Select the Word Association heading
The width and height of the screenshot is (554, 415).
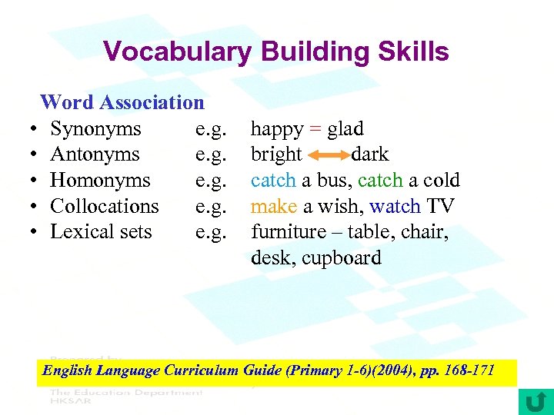[x=122, y=102]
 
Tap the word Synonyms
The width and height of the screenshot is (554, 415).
[x=95, y=128]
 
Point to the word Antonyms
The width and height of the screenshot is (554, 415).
[x=95, y=154]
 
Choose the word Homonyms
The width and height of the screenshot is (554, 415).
[x=100, y=181]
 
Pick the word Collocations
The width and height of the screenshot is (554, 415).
[x=104, y=206]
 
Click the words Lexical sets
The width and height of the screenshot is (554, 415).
[x=101, y=232]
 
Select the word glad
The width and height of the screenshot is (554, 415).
[x=345, y=129]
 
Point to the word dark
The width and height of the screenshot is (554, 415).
[x=369, y=154]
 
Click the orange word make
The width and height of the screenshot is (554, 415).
[x=269, y=207]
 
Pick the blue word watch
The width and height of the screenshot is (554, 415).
[x=394, y=207]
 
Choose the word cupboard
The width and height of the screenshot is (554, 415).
[x=341, y=258]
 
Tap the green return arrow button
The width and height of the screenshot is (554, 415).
[x=536, y=401]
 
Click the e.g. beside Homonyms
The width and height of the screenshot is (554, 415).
[x=211, y=181]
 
